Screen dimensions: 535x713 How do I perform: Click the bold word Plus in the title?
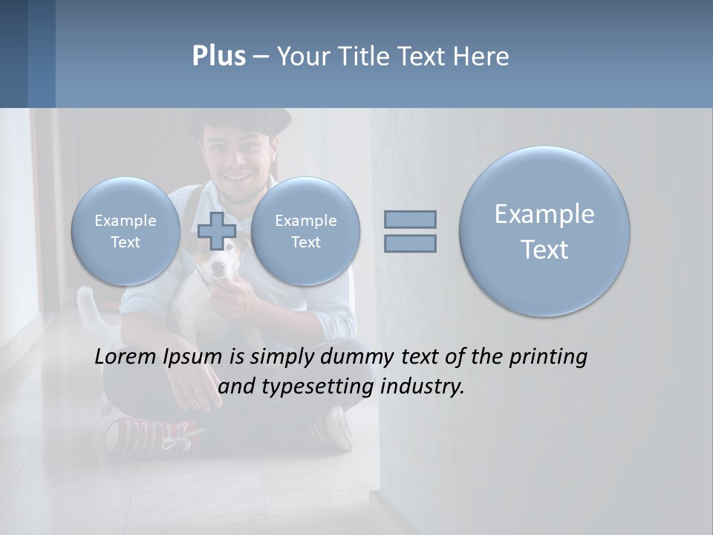pyautogui.click(x=218, y=56)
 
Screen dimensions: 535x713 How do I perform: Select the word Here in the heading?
pyautogui.click(x=479, y=56)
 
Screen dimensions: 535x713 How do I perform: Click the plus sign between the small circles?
pyautogui.click(x=216, y=231)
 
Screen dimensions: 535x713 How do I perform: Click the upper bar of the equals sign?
pyautogui.click(x=410, y=219)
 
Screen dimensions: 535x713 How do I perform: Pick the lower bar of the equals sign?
pyautogui.click(x=410, y=243)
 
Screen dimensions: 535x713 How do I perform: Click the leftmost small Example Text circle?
pyautogui.click(x=126, y=231)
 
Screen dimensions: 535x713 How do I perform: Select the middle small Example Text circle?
pyautogui.click(x=305, y=231)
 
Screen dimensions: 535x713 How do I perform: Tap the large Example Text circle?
pyautogui.click(x=544, y=231)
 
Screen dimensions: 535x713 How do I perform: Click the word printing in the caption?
pyautogui.click(x=547, y=357)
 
